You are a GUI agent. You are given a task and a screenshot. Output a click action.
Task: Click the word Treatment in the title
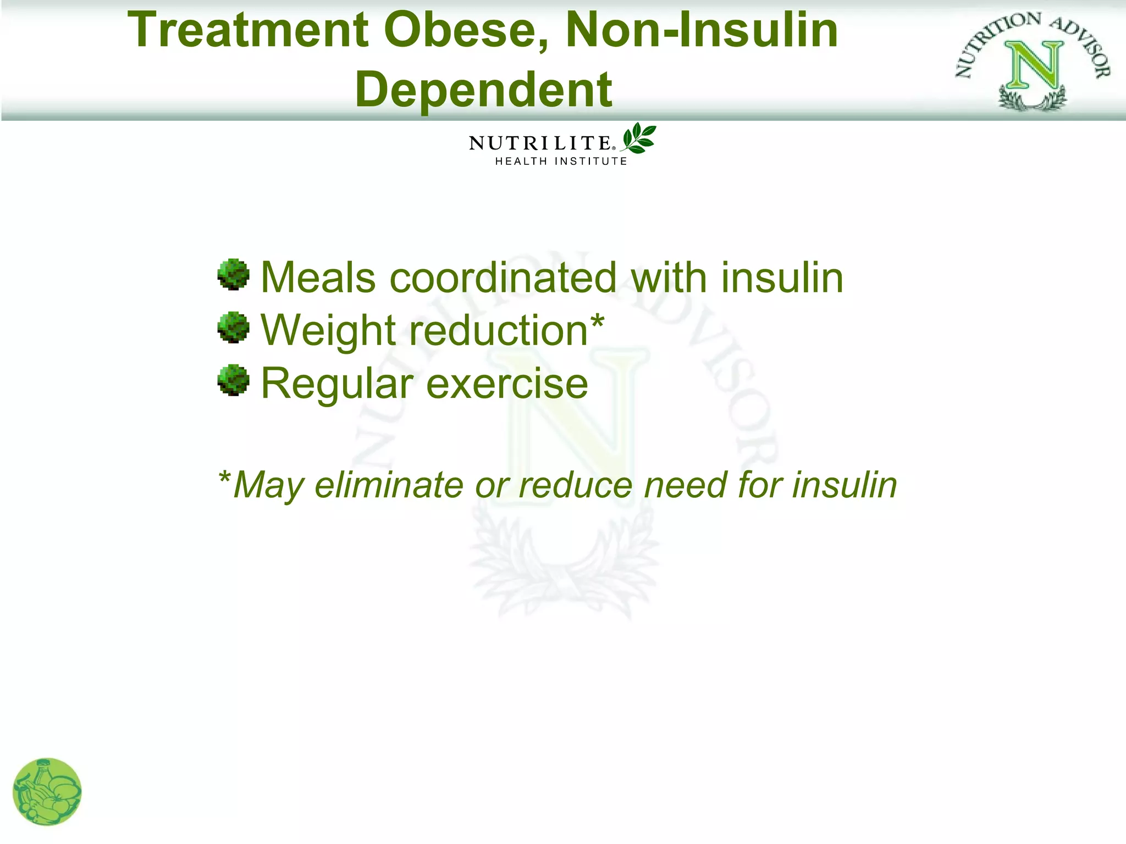point(248,30)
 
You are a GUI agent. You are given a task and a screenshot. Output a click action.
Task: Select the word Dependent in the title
point(483,90)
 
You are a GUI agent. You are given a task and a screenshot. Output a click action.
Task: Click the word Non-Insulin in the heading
point(702,30)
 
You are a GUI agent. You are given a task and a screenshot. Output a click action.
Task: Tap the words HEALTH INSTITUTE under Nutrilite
point(561,162)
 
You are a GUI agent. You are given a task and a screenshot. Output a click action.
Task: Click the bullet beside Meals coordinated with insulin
point(233,274)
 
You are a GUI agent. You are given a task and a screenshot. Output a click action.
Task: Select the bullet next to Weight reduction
point(233,327)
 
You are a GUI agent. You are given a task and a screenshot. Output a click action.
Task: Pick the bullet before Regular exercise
point(233,380)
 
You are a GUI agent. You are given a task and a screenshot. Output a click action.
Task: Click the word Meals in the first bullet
point(318,277)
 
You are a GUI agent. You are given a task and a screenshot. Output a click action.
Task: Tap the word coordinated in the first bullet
point(503,277)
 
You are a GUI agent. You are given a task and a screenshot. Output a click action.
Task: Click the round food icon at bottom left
point(47,792)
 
